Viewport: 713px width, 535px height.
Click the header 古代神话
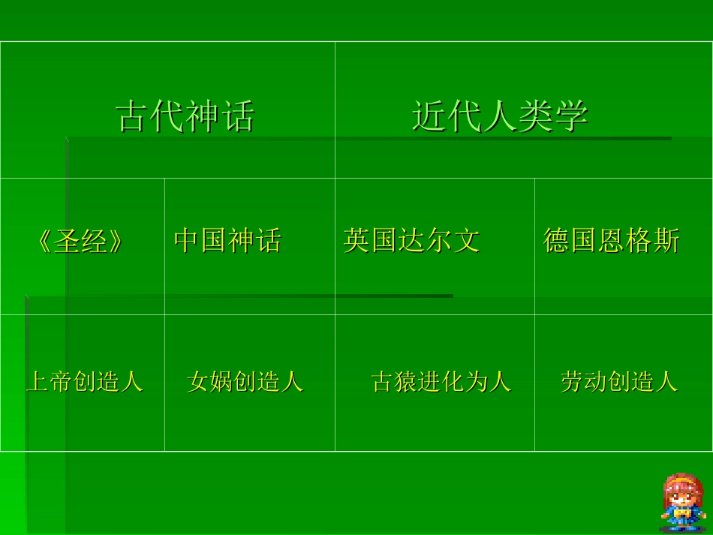[x=185, y=117]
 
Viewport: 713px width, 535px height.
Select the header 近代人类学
[x=500, y=117]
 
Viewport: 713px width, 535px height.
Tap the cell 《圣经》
[x=80, y=241]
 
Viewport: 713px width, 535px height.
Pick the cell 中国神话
[x=227, y=241]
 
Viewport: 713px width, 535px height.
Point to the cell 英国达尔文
[x=411, y=241]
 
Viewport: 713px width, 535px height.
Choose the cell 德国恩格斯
[x=611, y=241]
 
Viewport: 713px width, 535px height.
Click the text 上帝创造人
[x=85, y=382]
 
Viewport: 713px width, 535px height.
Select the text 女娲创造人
[x=245, y=382]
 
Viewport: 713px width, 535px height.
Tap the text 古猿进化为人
[x=441, y=382]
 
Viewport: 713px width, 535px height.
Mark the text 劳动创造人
[x=619, y=382]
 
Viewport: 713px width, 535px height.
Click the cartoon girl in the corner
[x=682, y=500]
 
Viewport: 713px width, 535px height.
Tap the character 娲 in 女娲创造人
[x=221, y=382]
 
